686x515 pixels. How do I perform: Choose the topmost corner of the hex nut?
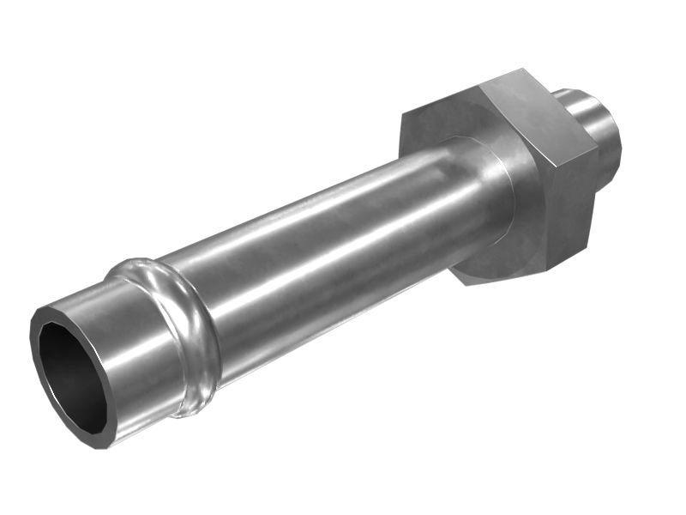521,71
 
